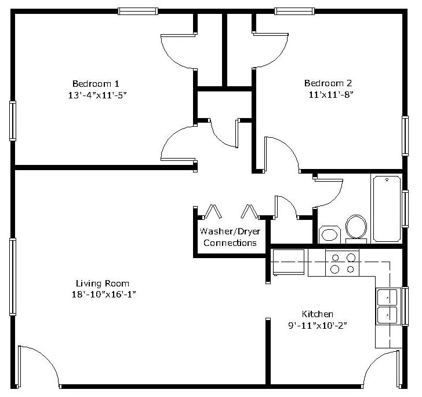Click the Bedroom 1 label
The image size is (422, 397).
(96, 84)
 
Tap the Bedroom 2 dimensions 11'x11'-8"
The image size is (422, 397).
(330, 94)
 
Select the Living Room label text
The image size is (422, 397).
(103, 284)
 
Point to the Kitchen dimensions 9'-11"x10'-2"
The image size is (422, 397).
(318, 326)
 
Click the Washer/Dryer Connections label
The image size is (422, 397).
(230, 237)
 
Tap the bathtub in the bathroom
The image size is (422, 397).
(387, 209)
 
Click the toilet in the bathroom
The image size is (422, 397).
(356, 229)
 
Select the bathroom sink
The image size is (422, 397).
(330, 234)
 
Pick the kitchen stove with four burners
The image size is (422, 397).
(343, 263)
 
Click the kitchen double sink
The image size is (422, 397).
(387, 306)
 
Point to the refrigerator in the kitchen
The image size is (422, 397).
(289, 262)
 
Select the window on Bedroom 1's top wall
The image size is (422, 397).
(138, 11)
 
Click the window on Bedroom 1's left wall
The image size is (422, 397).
(13, 121)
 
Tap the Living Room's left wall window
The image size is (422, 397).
(13, 277)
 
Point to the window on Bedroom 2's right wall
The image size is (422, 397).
(405, 136)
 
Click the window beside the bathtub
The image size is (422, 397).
(405, 209)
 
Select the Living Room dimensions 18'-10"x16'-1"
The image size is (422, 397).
(104, 295)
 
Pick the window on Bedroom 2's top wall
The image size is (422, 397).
(294, 11)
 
